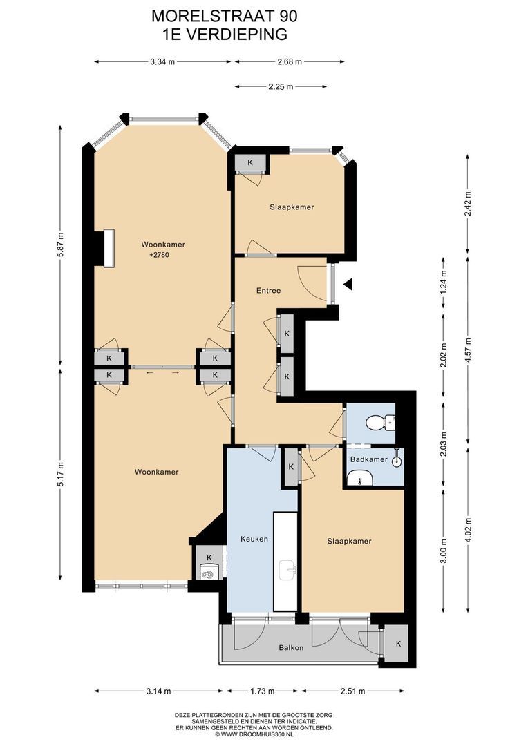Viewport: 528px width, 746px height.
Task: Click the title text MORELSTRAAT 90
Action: click(x=224, y=16)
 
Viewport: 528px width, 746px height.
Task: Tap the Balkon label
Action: click(x=291, y=647)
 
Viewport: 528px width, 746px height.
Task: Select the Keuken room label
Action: click(x=254, y=539)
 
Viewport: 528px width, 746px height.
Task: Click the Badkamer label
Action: click(x=368, y=459)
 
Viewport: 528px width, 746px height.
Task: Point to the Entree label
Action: click(x=269, y=290)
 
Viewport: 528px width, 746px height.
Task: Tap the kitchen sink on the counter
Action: click(x=287, y=569)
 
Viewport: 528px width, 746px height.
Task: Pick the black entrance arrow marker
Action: click(x=348, y=285)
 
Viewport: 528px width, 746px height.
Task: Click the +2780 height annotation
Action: click(x=159, y=255)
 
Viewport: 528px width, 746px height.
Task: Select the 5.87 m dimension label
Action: click(x=60, y=245)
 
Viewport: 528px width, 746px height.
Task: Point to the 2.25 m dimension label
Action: click(x=281, y=86)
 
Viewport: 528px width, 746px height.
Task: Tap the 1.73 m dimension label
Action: click(x=262, y=691)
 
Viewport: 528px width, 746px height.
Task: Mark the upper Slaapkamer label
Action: click(x=292, y=207)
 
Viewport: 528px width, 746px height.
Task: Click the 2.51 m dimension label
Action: click(x=352, y=691)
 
